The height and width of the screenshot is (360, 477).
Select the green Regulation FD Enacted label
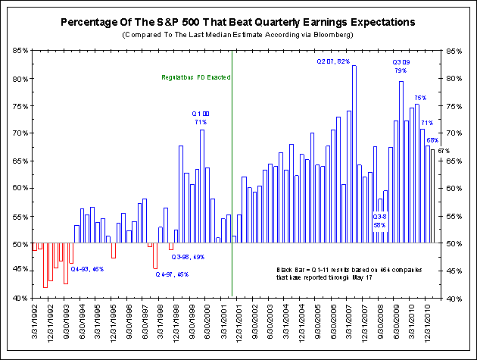pyautogui.click(x=196, y=77)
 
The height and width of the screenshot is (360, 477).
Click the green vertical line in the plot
pyautogui.click(x=232, y=189)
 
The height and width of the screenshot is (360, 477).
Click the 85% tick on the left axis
pyautogui.click(x=20, y=51)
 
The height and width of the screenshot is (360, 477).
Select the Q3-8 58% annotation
pyautogui.click(x=380, y=221)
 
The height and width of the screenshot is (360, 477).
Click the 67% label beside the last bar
pyautogui.click(x=444, y=151)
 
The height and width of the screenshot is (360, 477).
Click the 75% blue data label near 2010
pyautogui.click(x=420, y=98)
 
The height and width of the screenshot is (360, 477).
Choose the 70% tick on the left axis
pyautogui.click(x=20, y=133)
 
